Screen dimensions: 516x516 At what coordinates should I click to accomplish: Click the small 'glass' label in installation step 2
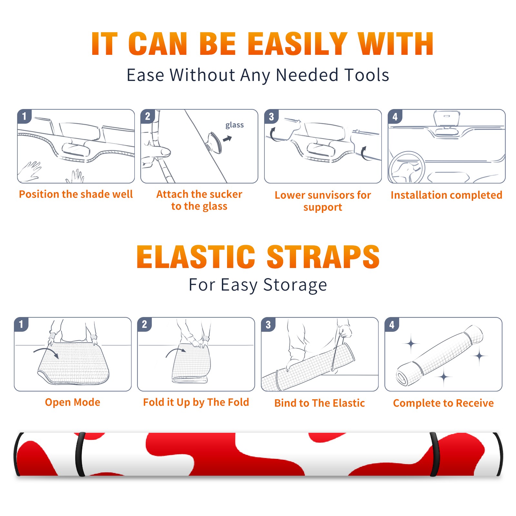(x=234, y=125)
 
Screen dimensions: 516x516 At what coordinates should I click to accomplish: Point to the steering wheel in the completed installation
(x=406, y=168)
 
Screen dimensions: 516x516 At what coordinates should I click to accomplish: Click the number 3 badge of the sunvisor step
(x=271, y=116)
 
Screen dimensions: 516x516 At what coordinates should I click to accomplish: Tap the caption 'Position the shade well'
(x=76, y=194)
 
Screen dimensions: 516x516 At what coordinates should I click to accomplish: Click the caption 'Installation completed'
(x=446, y=195)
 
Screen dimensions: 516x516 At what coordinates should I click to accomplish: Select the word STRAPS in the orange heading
(x=323, y=257)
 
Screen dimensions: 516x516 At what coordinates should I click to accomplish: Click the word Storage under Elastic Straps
(x=295, y=285)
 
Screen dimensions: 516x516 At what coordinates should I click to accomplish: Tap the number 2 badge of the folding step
(x=144, y=324)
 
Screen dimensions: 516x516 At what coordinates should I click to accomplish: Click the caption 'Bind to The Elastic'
(x=320, y=403)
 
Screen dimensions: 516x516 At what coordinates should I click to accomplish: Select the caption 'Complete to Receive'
(x=443, y=403)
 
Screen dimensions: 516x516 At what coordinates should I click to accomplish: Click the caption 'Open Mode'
(x=73, y=402)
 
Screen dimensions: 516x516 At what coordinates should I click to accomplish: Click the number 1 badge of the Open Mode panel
(x=21, y=324)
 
